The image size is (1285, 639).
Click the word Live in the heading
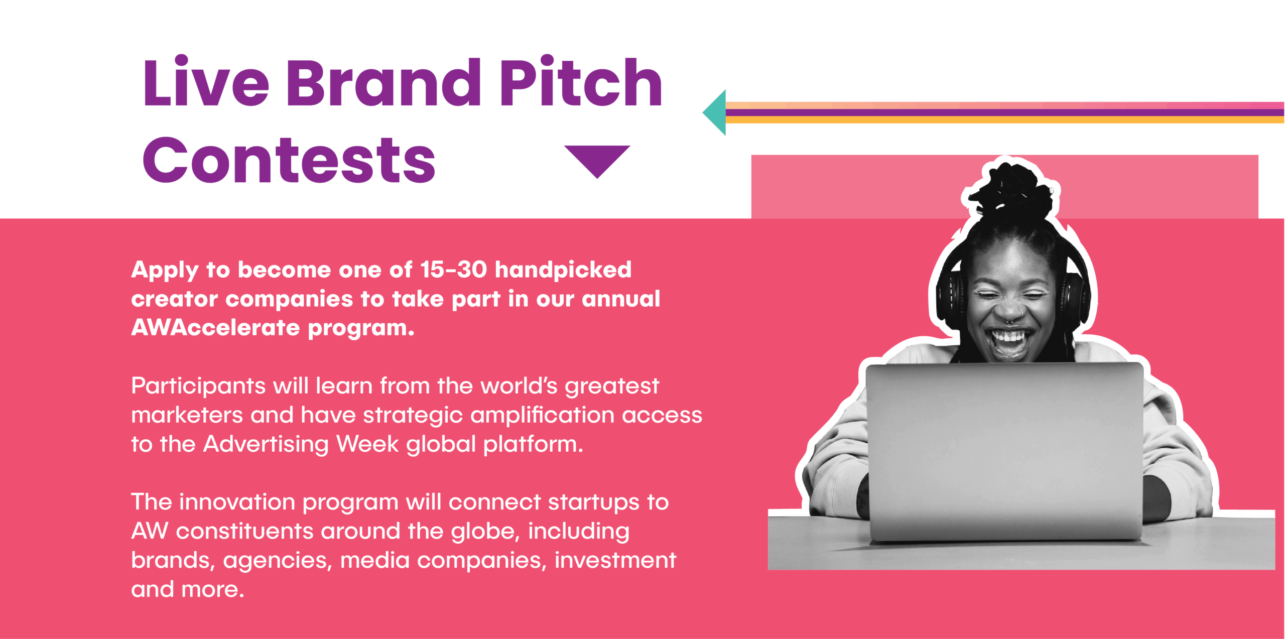(206, 81)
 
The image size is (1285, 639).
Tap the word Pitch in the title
(581, 81)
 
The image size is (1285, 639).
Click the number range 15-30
(453, 270)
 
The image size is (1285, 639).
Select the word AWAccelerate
(215, 328)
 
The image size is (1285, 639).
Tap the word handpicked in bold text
(563, 270)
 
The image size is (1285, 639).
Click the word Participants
(198, 387)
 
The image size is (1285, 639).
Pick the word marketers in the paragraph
(187, 415)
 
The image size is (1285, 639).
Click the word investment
(615, 560)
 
